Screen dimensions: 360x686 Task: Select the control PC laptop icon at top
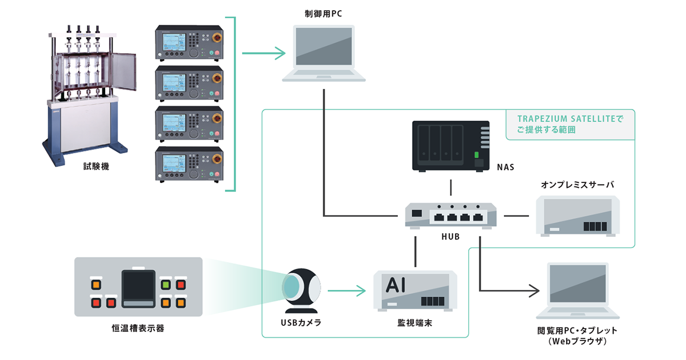tap(324, 53)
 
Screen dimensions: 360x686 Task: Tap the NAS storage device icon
tap(451, 146)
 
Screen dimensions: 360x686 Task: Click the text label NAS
tap(505, 167)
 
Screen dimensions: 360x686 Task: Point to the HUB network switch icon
tap(451, 215)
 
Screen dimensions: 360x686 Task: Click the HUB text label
tap(451, 237)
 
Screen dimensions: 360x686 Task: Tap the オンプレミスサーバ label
tap(577, 185)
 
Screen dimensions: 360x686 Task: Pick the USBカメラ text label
tap(301, 323)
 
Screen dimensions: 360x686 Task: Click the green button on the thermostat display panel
tap(166, 284)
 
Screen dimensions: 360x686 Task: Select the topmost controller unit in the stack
tap(189, 45)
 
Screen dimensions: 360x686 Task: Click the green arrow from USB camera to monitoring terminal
tap(349, 291)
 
